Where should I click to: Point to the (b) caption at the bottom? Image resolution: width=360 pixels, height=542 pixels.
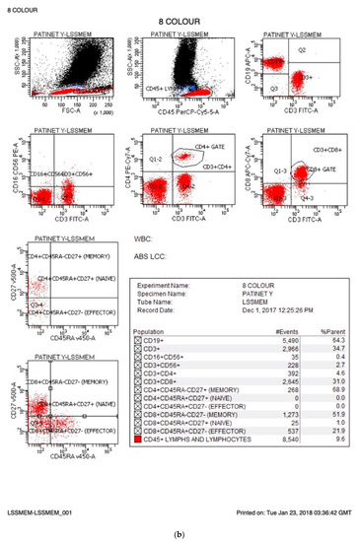pos(180,532)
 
